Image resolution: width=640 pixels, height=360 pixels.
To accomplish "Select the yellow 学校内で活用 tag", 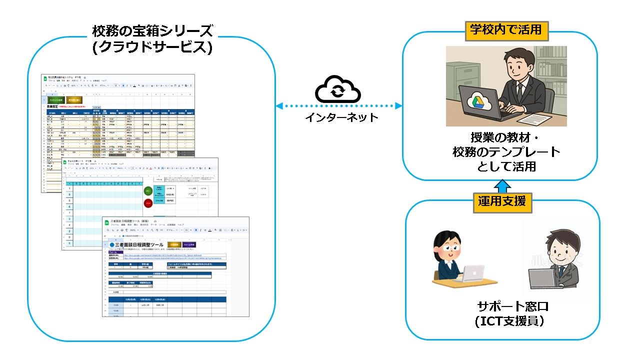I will pyautogui.click(x=506, y=30).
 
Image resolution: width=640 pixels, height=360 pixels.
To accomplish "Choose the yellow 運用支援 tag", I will pyautogui.click(x=501, y=201).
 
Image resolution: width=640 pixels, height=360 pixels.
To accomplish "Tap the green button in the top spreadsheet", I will pyautogui.click(x=56, y=99).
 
